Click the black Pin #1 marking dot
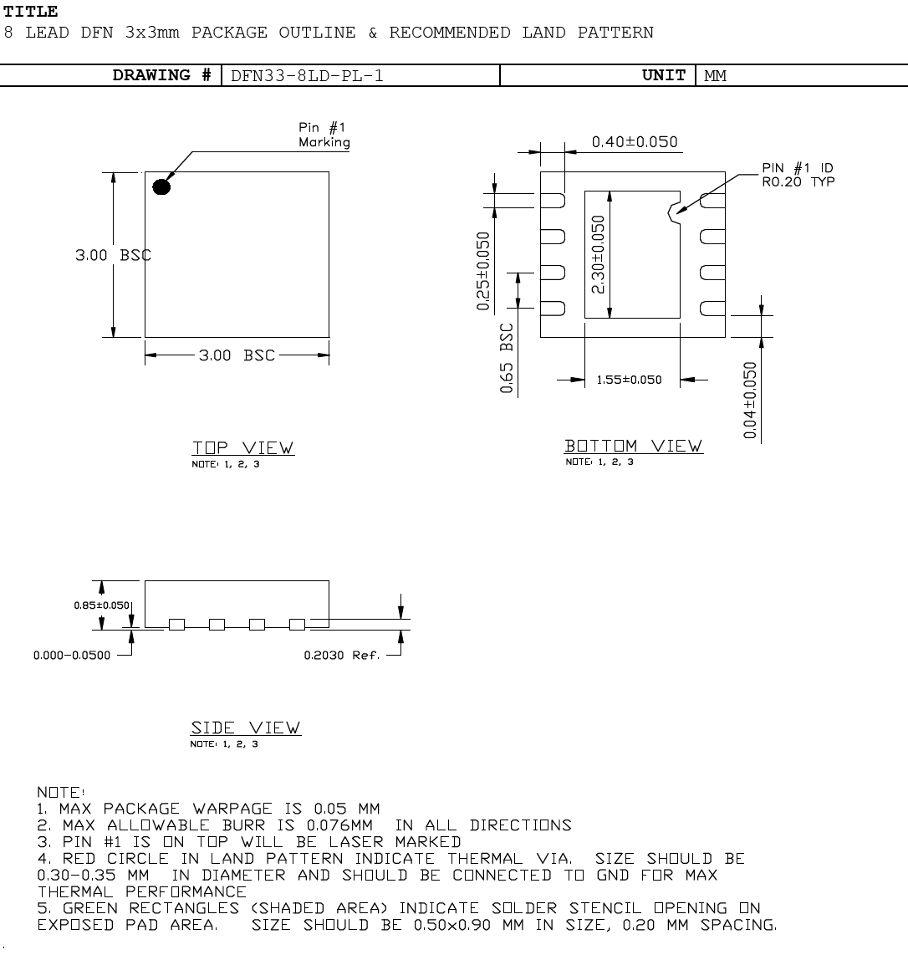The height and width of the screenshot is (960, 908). pos(161,186)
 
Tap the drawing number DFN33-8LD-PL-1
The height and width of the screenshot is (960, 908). pos(307,75)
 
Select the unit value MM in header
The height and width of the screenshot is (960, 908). pos(715,75)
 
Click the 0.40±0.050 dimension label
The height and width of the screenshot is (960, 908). pos(635,142)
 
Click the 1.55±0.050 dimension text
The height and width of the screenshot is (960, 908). pos(629,380)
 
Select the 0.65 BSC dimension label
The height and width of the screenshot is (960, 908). pos(507,359)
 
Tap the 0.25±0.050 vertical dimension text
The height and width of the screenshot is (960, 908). pos(484,270)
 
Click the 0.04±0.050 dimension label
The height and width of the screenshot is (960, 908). pos(750,400)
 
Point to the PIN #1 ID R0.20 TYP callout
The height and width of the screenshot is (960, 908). pos(797,175)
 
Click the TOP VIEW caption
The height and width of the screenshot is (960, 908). pos(243,447)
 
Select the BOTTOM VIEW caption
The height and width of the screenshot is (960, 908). pos(634,446)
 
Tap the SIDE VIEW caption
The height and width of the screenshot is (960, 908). pos(246,728)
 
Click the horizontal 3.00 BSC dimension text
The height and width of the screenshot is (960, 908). pos(237,355)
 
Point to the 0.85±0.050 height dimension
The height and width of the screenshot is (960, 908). pos(103,605)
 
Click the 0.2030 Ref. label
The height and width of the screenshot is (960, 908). pos(341,655)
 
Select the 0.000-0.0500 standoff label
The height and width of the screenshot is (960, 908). pos(72,655)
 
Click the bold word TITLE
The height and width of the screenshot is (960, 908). pos(31,12)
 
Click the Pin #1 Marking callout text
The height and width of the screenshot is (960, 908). pos(324,135)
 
